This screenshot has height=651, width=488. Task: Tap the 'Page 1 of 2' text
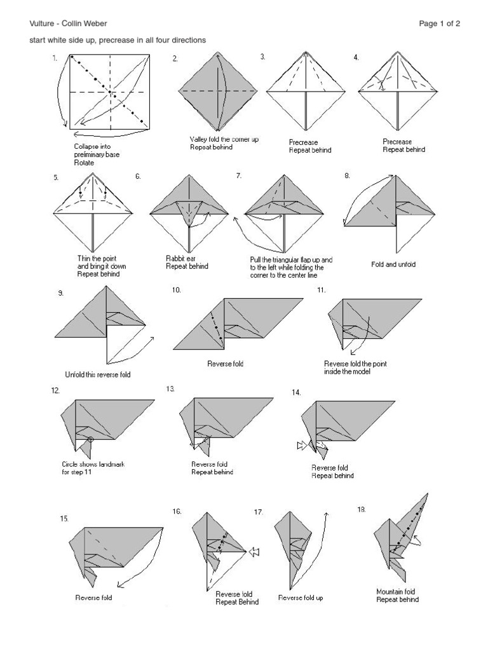[x=439, y=24]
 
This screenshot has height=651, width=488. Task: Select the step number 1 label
[x=56, y=58]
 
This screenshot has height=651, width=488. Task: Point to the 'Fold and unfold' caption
[x=393, y=264]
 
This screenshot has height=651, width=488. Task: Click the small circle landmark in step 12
[x=91, y=439]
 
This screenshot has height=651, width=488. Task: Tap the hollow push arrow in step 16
[x=255, y=552]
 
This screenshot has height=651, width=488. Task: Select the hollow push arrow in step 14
[x=301, y=446]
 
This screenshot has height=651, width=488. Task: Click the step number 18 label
[x=362, y=509]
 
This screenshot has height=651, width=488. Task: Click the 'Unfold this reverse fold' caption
[x=98, y=374]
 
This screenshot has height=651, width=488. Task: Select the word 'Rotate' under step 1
[x=84, y=163]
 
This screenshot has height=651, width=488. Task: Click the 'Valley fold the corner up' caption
[x=224, y=139]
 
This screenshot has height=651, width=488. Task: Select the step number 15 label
[x=64, y=519]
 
